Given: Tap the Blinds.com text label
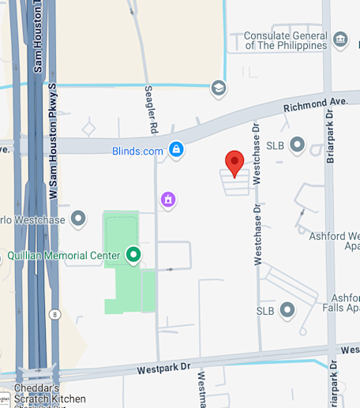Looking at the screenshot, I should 137,151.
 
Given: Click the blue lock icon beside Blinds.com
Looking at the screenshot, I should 176,149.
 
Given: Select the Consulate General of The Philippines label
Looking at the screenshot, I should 285,40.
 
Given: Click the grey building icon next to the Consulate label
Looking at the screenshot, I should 341,39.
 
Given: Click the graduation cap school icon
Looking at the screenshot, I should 218,88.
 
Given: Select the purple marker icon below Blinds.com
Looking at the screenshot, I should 167,200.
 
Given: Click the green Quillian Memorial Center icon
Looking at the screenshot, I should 133,255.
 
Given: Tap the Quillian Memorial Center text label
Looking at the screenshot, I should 63,256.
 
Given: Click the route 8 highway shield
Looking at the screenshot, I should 54,313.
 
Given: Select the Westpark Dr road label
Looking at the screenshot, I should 163,368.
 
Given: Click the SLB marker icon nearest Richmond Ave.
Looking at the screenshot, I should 297,145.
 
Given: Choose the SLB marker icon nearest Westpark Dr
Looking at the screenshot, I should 287,310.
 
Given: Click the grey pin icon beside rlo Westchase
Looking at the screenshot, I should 78,218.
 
